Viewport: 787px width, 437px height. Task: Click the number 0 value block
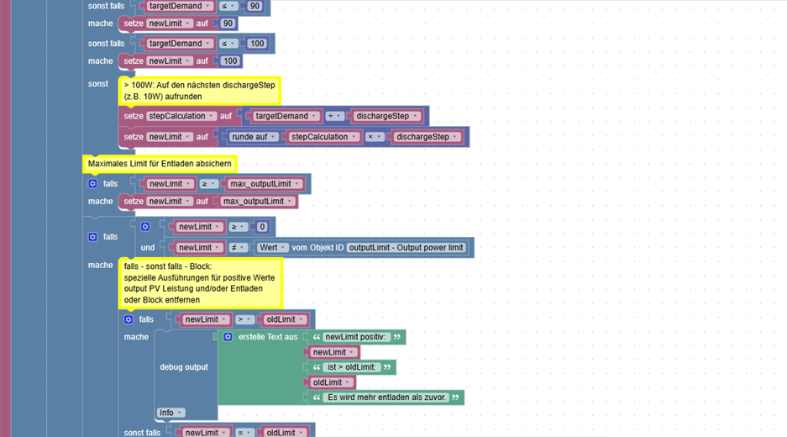(262, 227)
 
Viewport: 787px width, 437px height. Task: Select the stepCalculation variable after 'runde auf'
(323, 137)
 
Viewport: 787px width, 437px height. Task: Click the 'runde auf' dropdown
(254, 137)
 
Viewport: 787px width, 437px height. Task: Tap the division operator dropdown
(333, 116)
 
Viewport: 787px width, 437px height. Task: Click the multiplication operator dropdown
(374, 137)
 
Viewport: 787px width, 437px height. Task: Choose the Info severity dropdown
(171, 413)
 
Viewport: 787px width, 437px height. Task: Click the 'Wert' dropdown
(272, 248)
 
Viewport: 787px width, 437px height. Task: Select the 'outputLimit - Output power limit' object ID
(406, 248)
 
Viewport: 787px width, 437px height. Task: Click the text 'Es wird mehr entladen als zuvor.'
(386, 398)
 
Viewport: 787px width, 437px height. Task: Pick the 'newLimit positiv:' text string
(356, 337)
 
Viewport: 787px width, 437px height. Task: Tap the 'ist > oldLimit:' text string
(352, 367)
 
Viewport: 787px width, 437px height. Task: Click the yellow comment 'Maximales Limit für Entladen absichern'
(160, 164)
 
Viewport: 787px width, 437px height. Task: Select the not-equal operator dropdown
(238, 248)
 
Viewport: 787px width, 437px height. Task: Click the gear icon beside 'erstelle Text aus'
(228, 337)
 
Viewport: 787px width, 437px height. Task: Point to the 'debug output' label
(184, 367)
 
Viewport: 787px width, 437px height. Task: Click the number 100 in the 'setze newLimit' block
(230, 61)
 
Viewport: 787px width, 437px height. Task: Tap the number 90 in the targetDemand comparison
(255, 6)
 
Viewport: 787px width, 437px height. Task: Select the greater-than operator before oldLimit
(244, 319)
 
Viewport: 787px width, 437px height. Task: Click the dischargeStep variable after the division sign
(386, 116)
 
